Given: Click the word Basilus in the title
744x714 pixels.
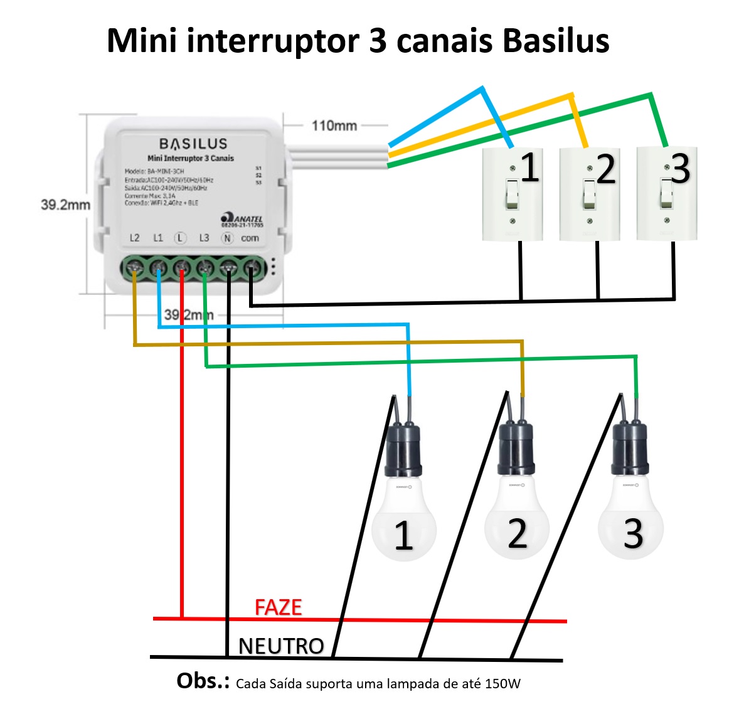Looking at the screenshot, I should [556, 41].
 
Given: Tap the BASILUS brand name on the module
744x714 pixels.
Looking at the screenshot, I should [193, 144].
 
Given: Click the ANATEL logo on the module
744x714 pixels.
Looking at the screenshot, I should [243, 220].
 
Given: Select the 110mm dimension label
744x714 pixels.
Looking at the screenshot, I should [334, 125].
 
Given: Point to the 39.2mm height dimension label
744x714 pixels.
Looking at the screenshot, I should [65, 205].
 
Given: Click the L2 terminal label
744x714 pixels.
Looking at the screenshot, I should [134, 238].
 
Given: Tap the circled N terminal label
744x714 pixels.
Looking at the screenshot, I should [227, 238].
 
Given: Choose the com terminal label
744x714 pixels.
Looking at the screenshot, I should [250, 238].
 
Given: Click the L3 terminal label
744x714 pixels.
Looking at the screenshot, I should [204, 238].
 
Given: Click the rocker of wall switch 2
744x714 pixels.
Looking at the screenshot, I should [589, 194].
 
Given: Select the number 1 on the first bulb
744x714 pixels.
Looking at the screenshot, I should [403, 536].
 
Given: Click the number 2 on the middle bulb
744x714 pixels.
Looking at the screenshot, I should [517, 534].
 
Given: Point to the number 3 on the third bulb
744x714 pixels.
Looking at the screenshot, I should [632, 534].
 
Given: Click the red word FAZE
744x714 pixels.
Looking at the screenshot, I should [278, 607].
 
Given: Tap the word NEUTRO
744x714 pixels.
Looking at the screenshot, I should [281, 646].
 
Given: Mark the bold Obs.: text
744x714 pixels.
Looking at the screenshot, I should [203, 681].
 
